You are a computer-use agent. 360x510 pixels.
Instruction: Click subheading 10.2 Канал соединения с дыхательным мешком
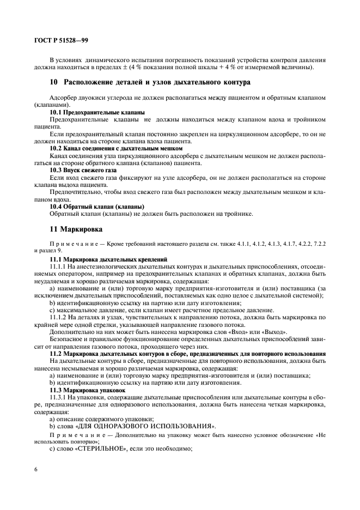pos(115,148)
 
